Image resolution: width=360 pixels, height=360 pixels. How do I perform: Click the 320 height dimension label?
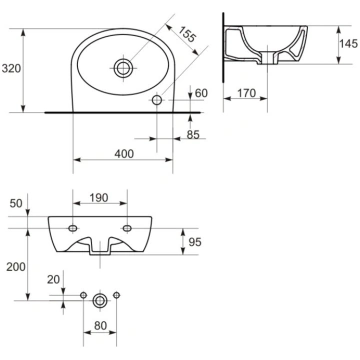coord(11,68)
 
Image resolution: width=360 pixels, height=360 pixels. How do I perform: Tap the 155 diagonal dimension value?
coord(186,34)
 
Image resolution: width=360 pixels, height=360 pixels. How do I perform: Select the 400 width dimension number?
coord(124,154)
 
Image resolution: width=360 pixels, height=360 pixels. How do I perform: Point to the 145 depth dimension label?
coord(349,43)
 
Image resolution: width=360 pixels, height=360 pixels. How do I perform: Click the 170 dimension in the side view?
coord(246,93)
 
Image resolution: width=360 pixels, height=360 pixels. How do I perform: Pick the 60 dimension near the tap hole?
coord(201,93)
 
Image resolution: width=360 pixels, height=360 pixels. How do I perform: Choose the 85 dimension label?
coord(193,135)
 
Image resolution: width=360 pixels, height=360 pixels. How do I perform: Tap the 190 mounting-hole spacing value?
coord(99,198)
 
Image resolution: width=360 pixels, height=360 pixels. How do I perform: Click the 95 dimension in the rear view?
coord(195,242)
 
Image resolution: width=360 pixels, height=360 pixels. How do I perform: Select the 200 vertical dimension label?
coord(16,267)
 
